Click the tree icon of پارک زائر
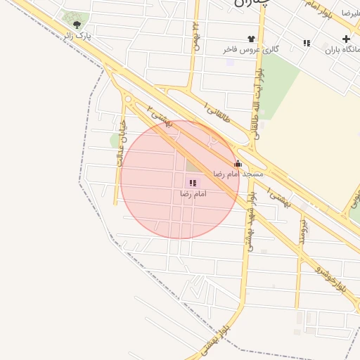tap(77, 25)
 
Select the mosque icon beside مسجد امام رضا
tap(238, 164)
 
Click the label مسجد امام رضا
tap(238, 173)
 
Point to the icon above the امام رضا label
tap(193, 183)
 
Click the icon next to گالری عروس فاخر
tap(251, 39)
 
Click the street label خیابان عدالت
tap(120, 150)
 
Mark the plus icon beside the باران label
tap(345, 39)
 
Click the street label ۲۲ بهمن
tap(198, 35)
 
